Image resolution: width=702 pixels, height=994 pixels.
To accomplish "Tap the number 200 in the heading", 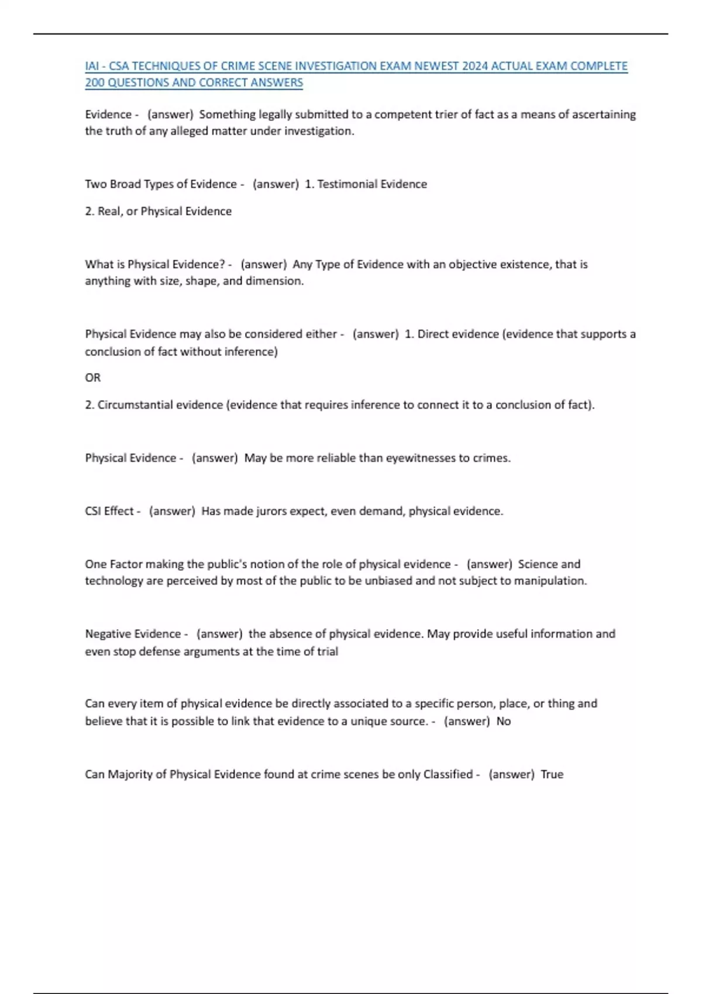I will click(x=95, y=83).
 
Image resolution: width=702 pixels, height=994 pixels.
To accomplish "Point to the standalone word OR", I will click(x=92, y=378).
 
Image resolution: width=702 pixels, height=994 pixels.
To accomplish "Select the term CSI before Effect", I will click(x=93, y=511).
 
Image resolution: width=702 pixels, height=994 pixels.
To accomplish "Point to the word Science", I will click(x=538, y=564).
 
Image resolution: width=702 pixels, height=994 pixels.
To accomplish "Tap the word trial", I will click(x=328, y=651).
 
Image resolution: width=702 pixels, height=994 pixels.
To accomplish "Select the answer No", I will click(x=504, y=722).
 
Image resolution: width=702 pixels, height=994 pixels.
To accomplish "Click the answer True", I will click(x=552, y=774).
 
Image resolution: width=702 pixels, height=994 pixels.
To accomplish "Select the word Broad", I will click(x=125, y=184).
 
